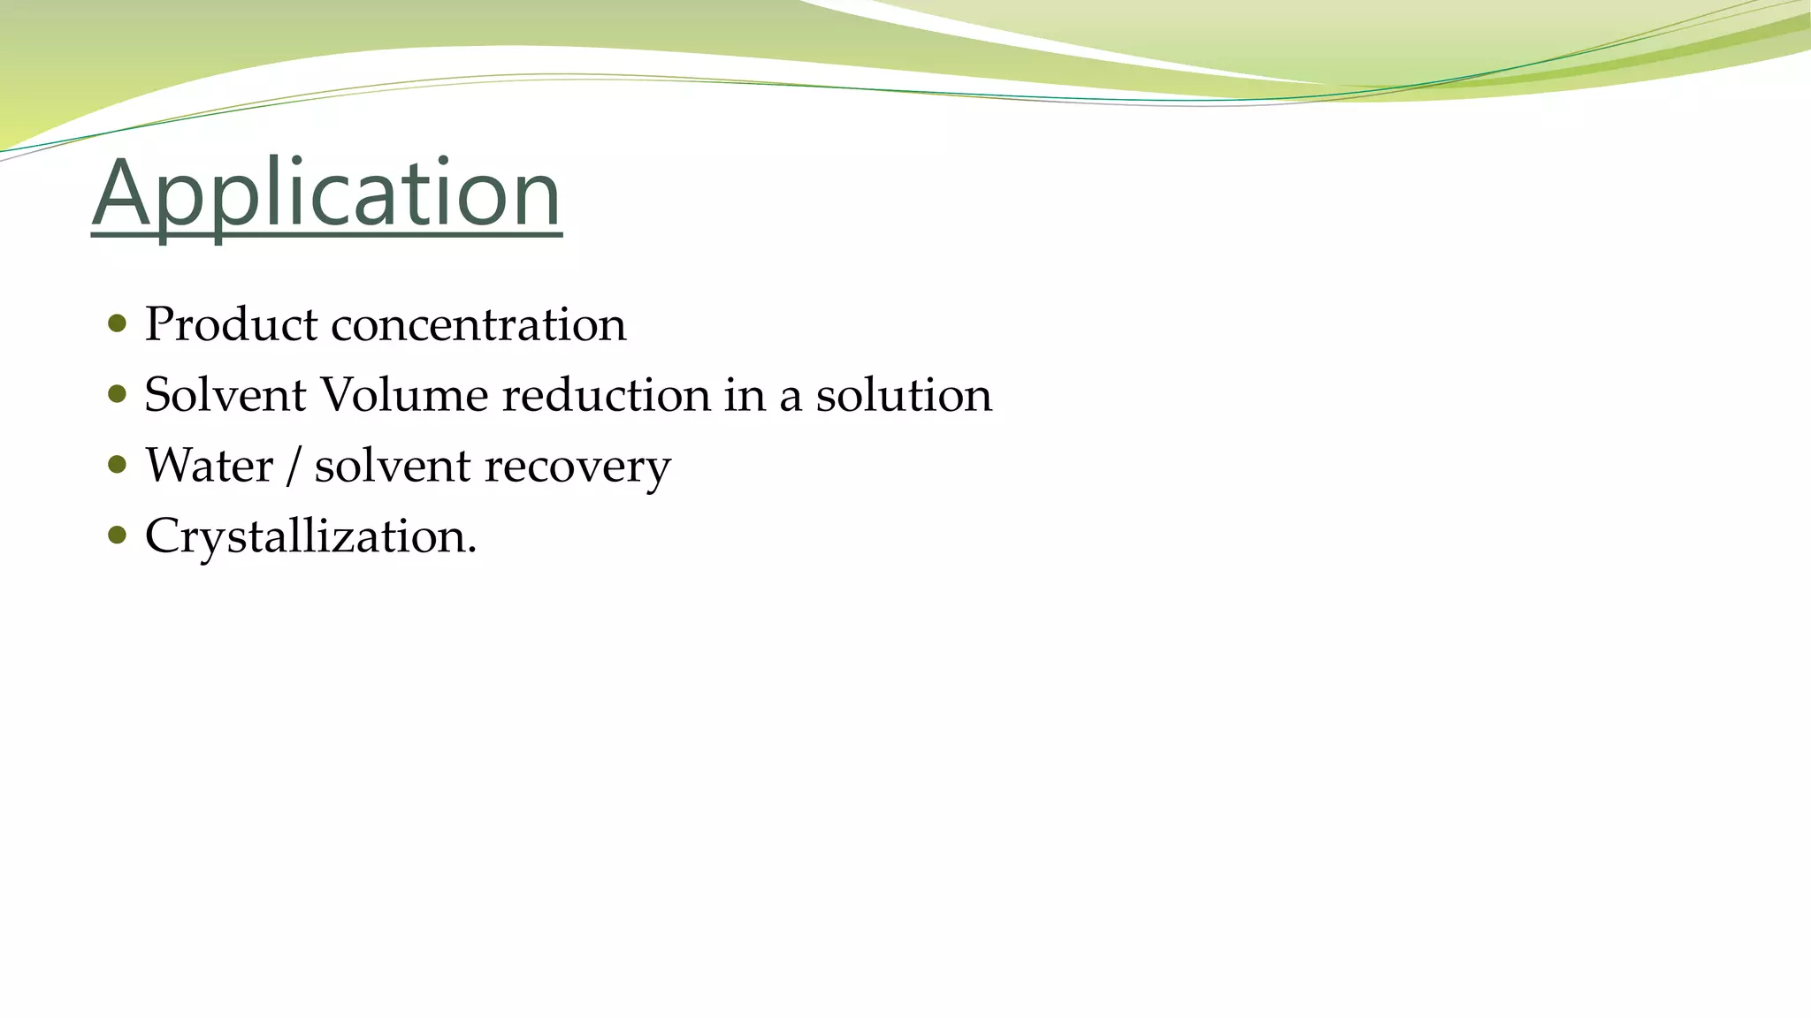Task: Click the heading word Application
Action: coord(326,194)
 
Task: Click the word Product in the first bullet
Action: coord(231,324)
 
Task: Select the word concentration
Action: coord(478,324)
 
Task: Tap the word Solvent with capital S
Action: coord(225,395)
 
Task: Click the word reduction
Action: coord(606,395)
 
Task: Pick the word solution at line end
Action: coord(903,395)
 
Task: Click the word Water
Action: coord(209,466)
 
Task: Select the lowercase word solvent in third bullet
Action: coord(392,466)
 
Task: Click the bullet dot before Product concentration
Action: coord(117,323)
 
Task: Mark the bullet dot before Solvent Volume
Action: coord(117,393)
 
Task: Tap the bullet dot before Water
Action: coord(117,464)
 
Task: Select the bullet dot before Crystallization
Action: coord(117,535)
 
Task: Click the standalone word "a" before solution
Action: coord(790,399)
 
